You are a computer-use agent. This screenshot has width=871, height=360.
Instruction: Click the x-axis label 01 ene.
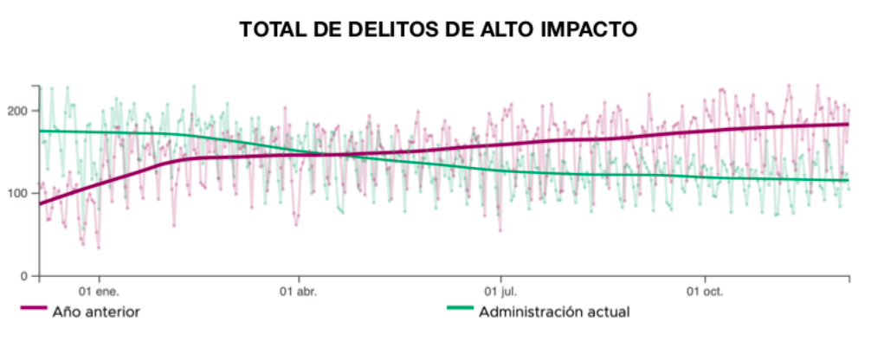pos(98,292)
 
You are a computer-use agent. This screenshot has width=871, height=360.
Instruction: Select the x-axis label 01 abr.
pos(299,292)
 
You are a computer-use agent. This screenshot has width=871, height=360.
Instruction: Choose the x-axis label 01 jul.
pos(500,292)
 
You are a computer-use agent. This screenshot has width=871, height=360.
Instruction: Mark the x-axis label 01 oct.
pos(704,292)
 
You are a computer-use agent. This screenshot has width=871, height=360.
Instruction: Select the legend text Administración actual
pos(554,311)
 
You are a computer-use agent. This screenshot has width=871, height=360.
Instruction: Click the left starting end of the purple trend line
pos(40,203)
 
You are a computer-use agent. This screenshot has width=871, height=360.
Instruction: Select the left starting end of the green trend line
pos(40,131)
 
